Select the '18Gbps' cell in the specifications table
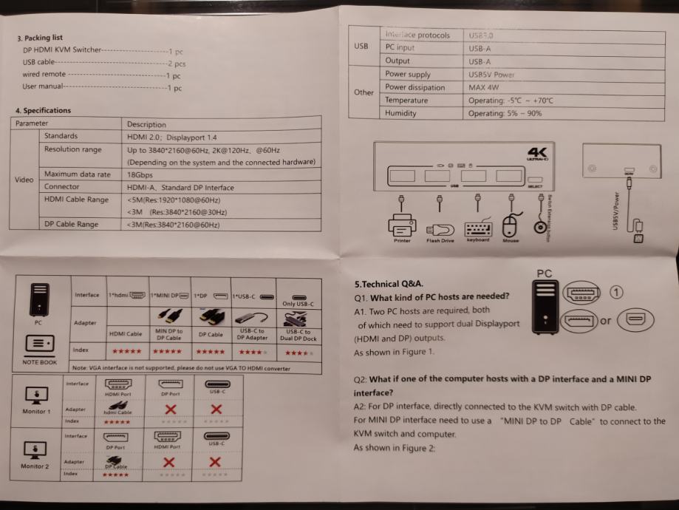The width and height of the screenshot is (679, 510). click(x=140, y=174)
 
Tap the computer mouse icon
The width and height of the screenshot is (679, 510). click(x=511, y=225)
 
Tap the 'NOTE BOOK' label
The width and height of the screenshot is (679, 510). click(x=38, y=362)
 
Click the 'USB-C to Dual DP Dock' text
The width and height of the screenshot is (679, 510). click(x=298, y=335)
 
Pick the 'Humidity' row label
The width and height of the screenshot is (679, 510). click(x=400, y=113)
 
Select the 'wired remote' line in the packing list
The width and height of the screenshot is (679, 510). click(x=41, y=75)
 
